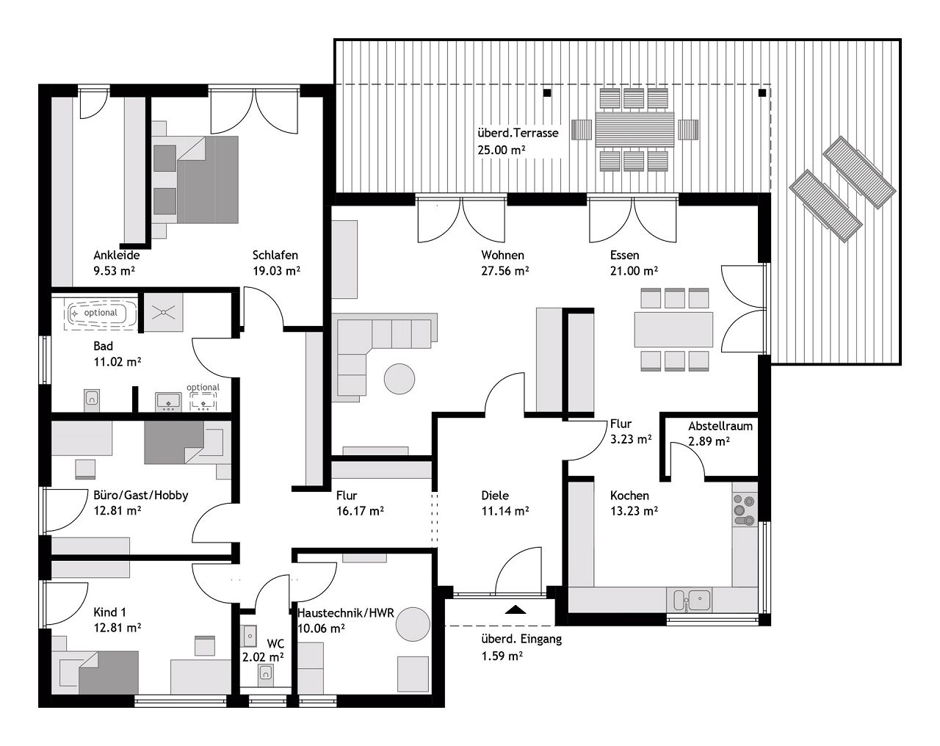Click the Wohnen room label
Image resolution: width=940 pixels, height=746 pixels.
pos(502,256)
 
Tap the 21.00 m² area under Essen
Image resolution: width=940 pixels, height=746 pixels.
pos(633,270)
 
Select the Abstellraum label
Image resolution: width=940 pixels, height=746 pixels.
pos(720,426)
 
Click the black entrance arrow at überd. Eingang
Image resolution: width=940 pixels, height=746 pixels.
pos(515,609)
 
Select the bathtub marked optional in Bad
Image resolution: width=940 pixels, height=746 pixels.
pos(100,314)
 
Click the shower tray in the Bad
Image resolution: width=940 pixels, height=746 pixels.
pos(162,312)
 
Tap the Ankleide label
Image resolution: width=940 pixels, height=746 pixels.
pos(116,256)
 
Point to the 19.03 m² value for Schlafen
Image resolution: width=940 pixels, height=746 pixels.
pos(276,270)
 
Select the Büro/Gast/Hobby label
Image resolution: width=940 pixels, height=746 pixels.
pos(140,495)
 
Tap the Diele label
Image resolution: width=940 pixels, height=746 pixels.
pos(494,496)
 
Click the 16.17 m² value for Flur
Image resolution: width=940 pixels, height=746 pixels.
pos(360,510)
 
